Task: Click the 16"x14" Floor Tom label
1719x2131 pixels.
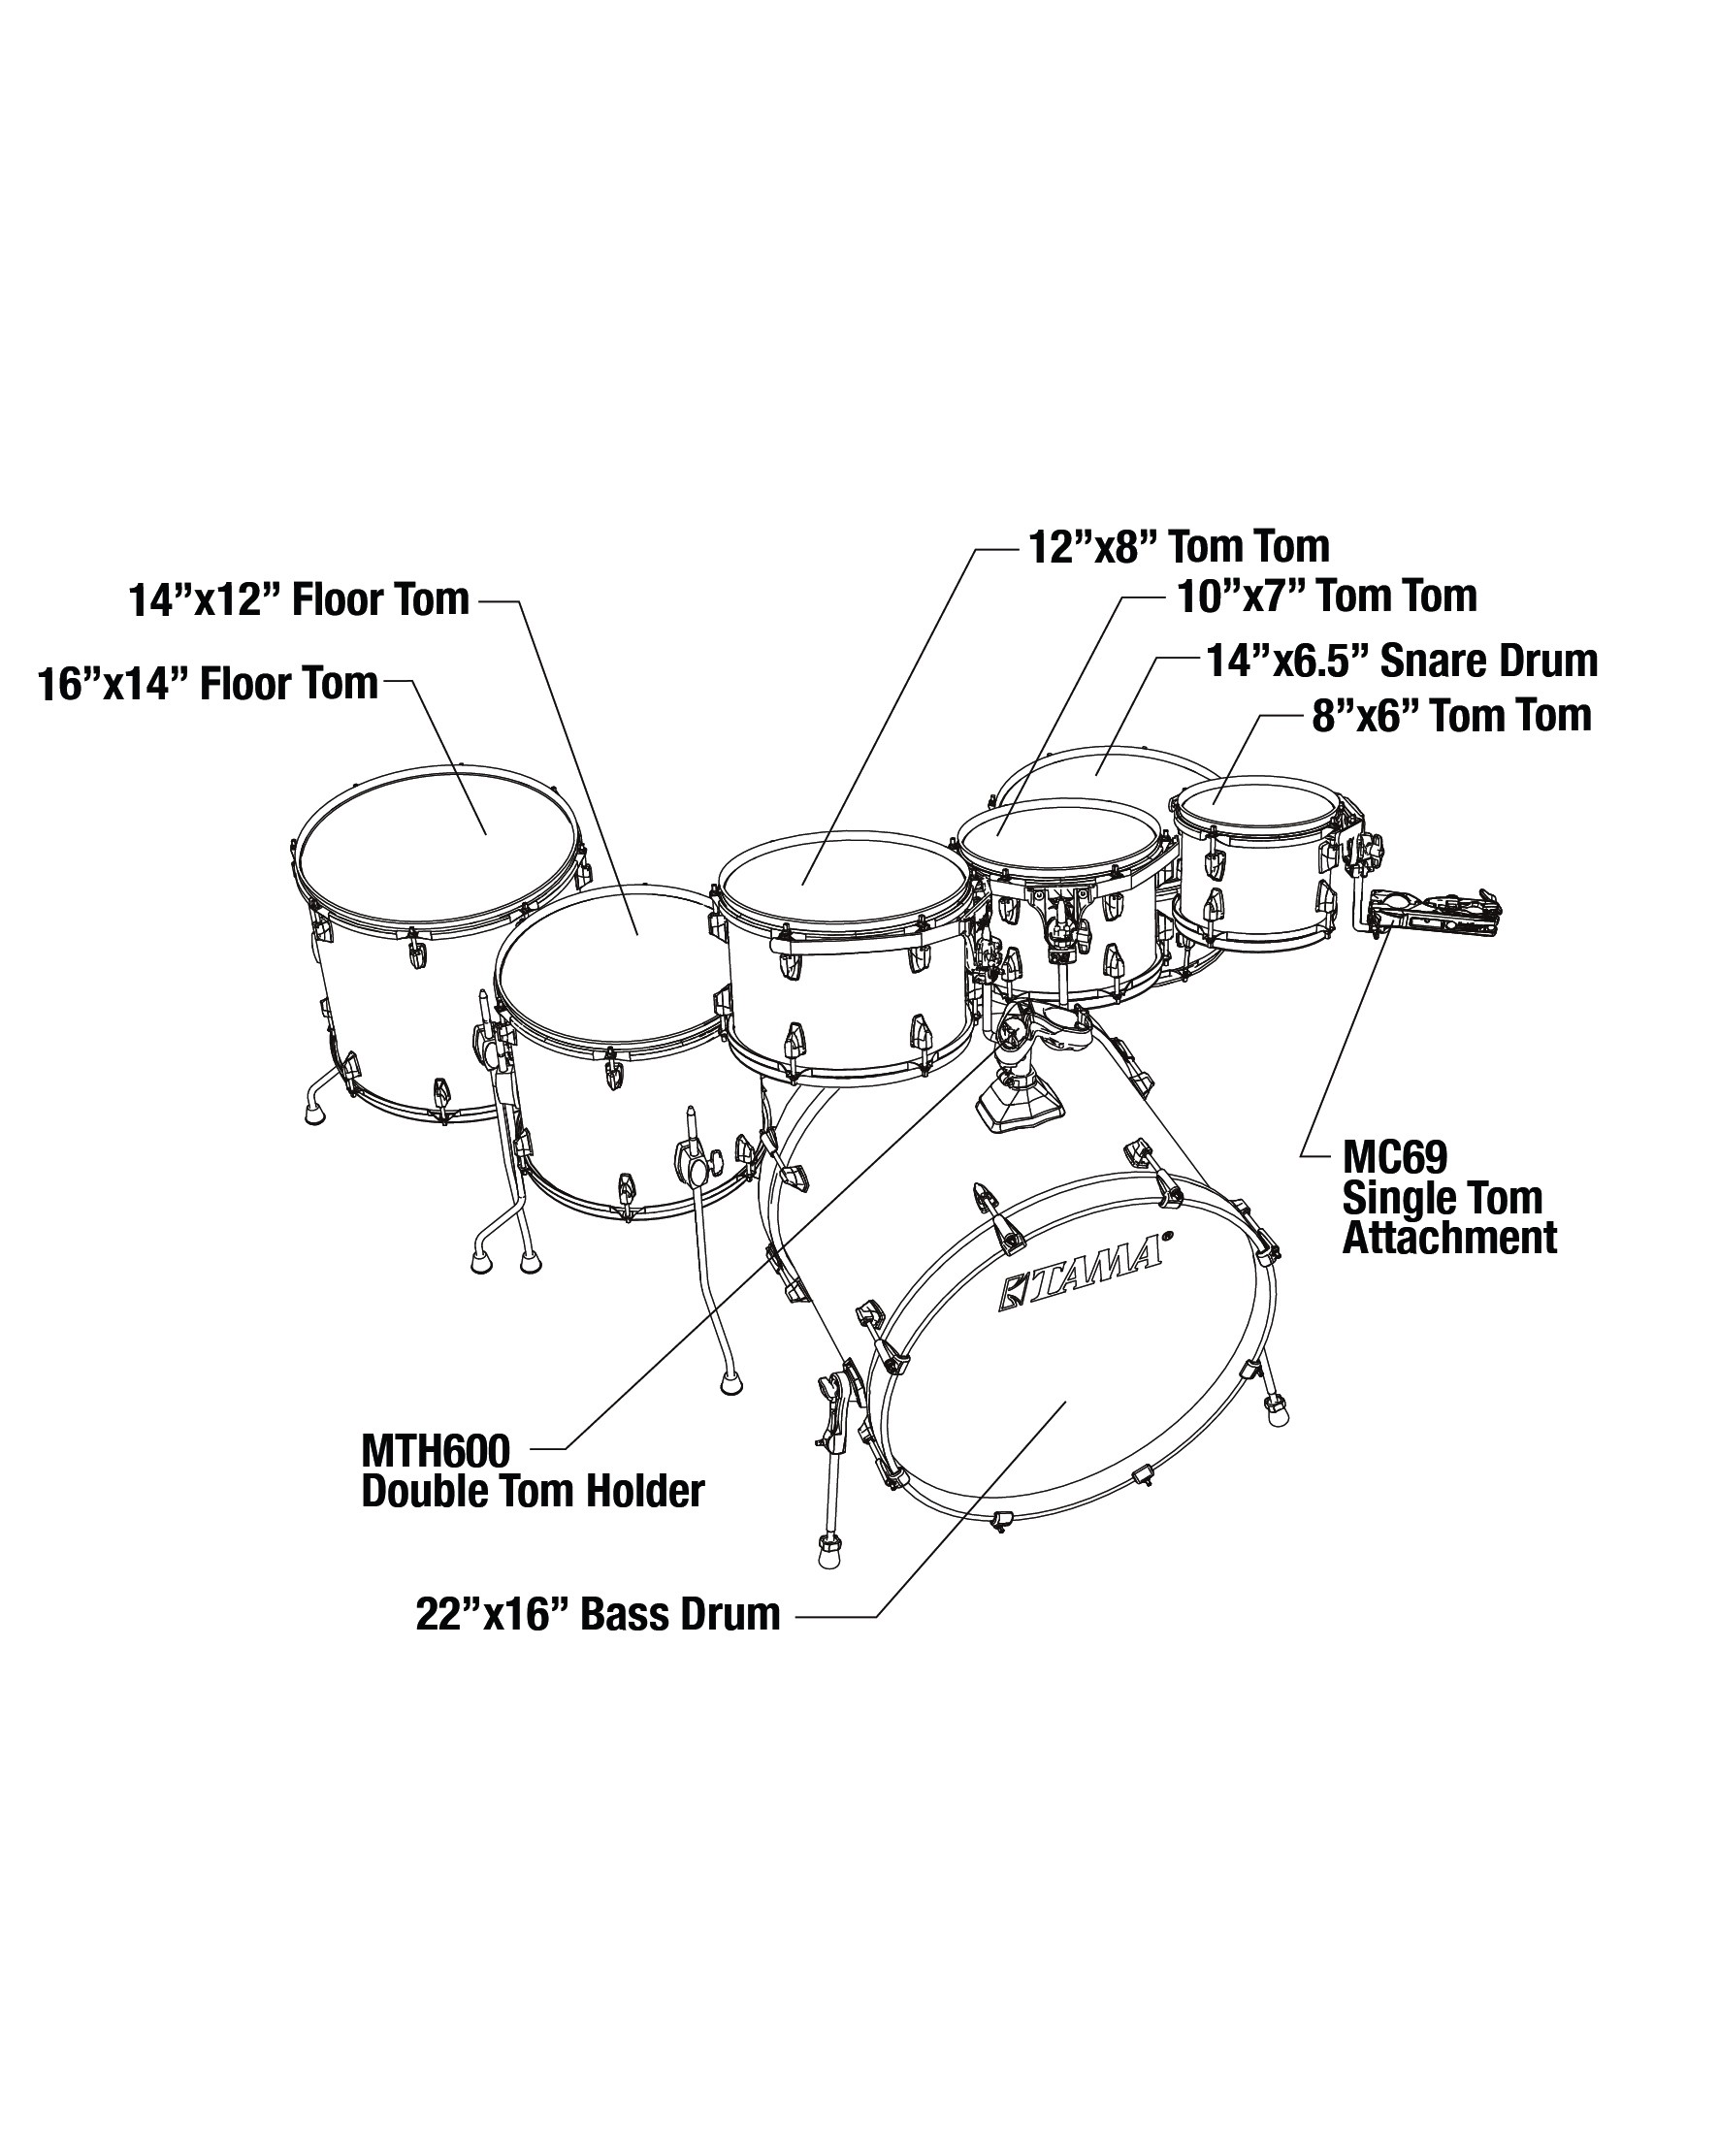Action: click(208, 684)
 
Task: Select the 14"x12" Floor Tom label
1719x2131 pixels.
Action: click(299, 599)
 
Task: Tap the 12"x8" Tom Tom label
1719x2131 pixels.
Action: click(1180, 547)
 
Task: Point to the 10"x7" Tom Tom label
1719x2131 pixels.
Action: click(1327, 597)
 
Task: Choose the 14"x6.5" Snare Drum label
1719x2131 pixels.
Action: click(1401, 661)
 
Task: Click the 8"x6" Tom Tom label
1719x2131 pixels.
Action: click(1451, 715)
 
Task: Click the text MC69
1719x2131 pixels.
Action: click(1394, 1156)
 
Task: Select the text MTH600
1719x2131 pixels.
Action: click(436, 1452)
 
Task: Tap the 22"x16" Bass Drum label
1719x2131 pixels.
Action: click(599, 1614)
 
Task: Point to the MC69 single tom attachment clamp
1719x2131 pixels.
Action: click(1436, 909)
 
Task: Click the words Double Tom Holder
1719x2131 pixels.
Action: click(533, 1491)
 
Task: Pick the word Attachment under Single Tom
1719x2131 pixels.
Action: click(1448, 1238)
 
